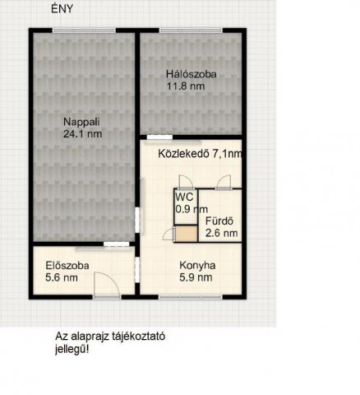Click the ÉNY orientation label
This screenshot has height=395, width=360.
click(62, 9)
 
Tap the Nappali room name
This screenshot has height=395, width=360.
click(81, 122)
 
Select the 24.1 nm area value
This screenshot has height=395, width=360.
click(83, 134)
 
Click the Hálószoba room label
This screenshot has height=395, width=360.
click(192, 74)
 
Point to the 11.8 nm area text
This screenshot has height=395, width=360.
click(186, 86)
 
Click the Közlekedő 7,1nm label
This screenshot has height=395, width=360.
click(200, 154)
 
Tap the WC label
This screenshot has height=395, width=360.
click(185, 197)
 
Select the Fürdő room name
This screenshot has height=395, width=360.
click(219, 221)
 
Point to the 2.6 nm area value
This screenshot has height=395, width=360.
click(222, 233)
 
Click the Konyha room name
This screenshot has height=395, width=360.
click(197, 265)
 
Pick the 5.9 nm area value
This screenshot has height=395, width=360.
click(196, 277)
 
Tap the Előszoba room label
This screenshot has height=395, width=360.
click(67, 266)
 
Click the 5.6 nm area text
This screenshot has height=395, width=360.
click(62, 277)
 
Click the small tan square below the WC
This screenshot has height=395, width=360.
click(187, 234)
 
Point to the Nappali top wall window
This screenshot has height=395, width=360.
click(84, 30)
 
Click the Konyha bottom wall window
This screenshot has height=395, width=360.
click(191, 297)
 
